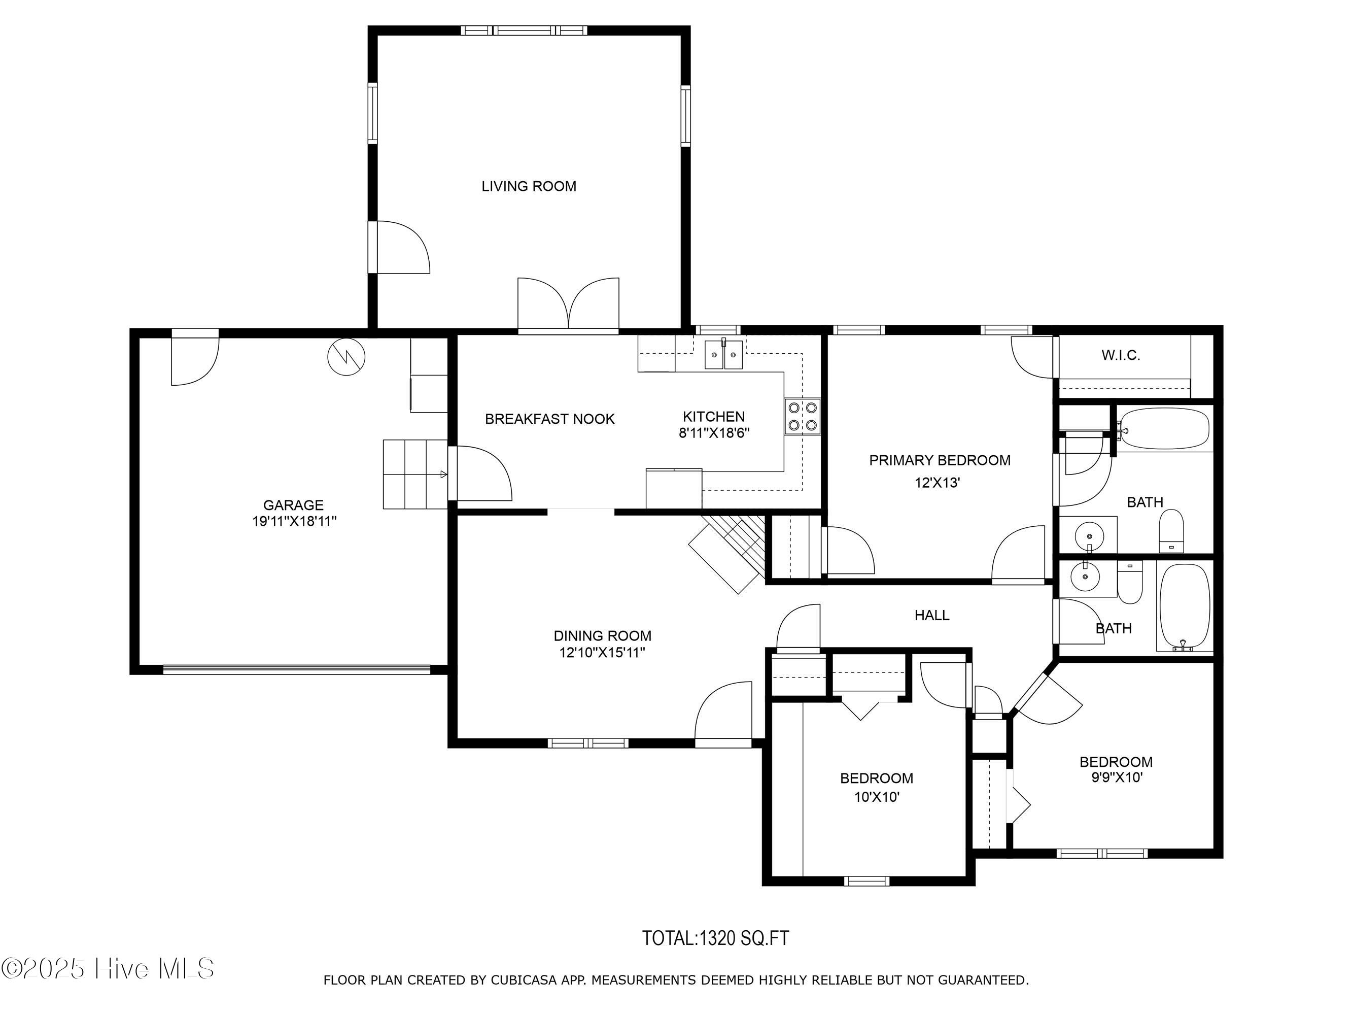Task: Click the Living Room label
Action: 529,186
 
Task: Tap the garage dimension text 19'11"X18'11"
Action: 294,521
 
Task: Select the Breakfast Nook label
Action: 549,419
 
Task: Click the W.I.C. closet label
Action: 1121,355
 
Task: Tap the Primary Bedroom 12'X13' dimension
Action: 937,483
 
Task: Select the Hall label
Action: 931,615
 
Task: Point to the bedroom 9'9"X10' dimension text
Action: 1116,777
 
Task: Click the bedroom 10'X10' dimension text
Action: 877,797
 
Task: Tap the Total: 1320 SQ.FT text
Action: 715,938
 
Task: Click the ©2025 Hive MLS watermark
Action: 108,968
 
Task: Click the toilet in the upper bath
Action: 1171,532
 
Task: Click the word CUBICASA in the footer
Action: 524,980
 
